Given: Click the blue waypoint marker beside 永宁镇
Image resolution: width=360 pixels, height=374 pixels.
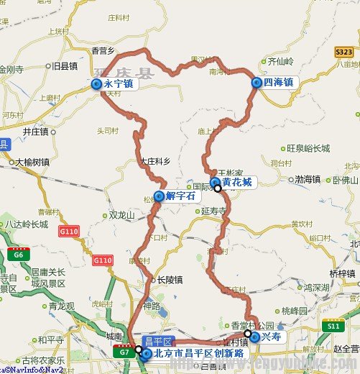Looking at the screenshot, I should tap(97, 85).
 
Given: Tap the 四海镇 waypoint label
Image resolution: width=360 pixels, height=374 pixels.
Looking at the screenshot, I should tap(279, 83).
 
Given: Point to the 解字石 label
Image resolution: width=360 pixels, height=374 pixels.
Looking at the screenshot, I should tap(180, 196).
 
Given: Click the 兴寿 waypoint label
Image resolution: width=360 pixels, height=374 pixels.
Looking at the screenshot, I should tap(271, 336).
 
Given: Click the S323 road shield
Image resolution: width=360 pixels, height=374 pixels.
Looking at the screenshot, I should tap(343, 53).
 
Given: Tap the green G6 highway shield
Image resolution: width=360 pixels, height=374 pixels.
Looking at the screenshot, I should tap(15, 253).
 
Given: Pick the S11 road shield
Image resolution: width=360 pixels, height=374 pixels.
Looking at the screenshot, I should tap(332, 327).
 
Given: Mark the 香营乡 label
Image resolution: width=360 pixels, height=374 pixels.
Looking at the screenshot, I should tap(103, 50).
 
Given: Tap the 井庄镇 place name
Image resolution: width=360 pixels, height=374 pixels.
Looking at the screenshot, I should tap(34, 132).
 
